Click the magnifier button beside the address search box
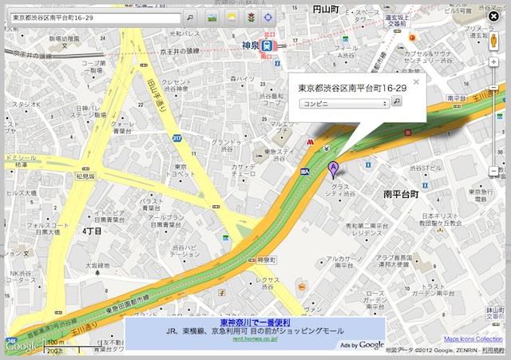(190, 17)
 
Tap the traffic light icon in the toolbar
(250, 17)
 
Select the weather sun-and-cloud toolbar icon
(231, 17)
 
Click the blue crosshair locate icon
(268, 17)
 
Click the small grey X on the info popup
(415, 81)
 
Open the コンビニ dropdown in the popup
(344, 103)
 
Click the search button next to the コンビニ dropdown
(397, 103)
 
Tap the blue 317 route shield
(176, 138)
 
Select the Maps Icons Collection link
(473, 339)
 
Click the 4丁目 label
(93, 231)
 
